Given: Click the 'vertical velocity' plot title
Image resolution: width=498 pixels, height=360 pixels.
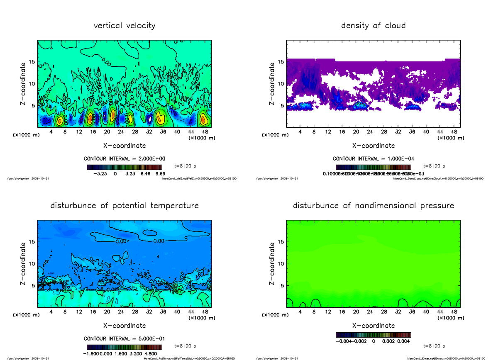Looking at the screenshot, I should tap(124, 26).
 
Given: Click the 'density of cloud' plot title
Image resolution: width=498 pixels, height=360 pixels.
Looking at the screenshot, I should tap(373, 26).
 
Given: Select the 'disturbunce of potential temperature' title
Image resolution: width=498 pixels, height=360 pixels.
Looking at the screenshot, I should tap(124, 206).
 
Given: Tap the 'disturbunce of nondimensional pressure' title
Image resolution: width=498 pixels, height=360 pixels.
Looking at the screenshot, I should tap(373, 206).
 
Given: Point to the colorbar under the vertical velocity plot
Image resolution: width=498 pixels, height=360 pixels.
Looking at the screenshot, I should tap(124, 168).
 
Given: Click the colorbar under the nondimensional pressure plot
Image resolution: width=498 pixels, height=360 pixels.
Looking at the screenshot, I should tap(373, 334).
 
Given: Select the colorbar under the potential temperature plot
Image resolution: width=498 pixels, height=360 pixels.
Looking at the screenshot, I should tap(124, 347).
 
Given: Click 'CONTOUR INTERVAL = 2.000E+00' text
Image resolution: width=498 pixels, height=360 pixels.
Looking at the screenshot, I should tap(124, 159).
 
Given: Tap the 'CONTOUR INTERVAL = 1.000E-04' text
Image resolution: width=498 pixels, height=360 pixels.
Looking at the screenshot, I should tap(373, 159).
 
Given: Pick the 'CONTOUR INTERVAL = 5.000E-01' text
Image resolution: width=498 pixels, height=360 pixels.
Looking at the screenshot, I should tap(124, 338).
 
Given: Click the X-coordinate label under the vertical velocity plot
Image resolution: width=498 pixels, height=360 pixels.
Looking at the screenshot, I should tap(124, 146).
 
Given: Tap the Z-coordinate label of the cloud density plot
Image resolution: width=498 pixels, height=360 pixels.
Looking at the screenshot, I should tap(272, 84).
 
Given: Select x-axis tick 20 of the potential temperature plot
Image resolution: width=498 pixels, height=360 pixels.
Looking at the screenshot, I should tap(107, 312).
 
